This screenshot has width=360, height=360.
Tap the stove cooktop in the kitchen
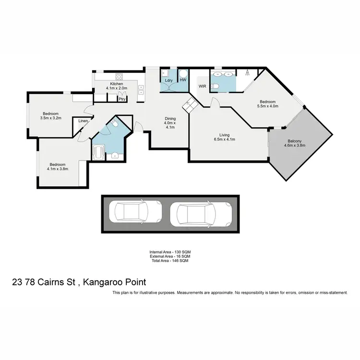[119, 76]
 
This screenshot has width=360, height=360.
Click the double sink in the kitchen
[141, 89]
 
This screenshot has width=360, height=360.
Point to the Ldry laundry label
[168, 80]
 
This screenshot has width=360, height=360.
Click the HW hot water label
[183, 80]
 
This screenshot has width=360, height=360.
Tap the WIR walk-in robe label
[203, 86]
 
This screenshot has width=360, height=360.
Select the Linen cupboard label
[84, 121]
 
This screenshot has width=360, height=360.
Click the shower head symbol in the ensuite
[247, 73]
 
